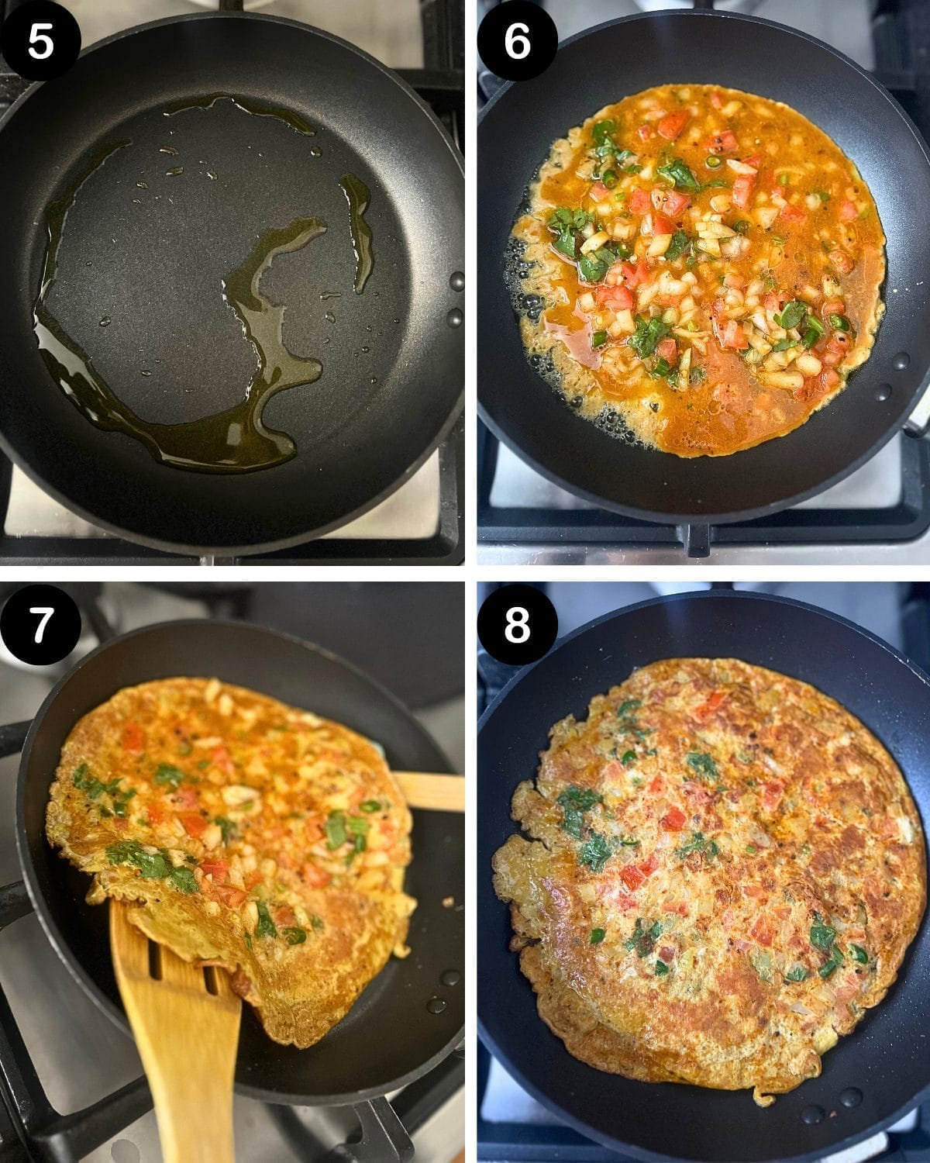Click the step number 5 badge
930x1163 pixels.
tap(41, 40)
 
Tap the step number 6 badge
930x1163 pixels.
tap(517, 40)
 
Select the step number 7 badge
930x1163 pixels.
tap(41, 625)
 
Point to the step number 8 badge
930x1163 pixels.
tap(517, 625)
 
